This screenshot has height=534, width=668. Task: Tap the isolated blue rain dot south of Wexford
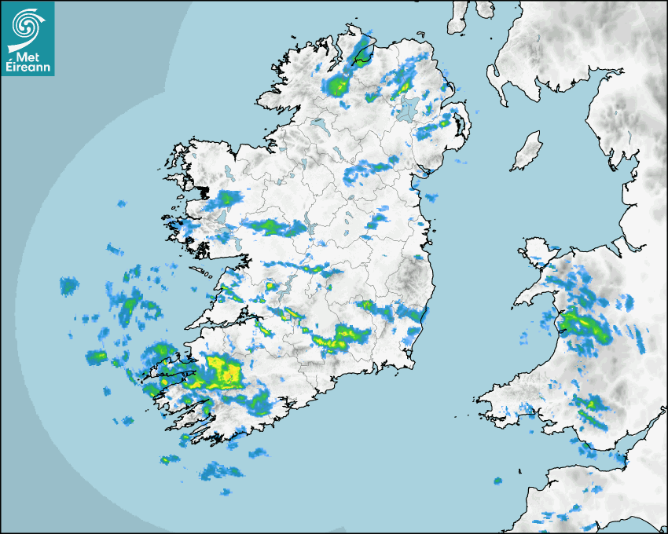[x=497, y=481]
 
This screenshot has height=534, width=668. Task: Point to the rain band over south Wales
[x=589, y=410]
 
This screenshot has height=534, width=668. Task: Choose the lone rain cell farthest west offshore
[x=69, y=286]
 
